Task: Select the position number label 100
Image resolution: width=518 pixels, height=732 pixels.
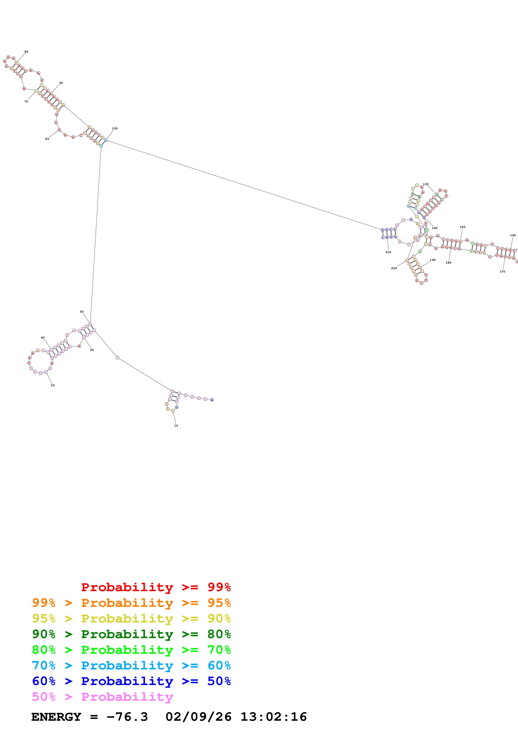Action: coord(115,129)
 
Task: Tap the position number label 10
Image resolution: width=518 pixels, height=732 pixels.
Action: coord(176,426)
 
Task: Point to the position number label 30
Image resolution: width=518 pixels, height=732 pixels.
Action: coord(53,385)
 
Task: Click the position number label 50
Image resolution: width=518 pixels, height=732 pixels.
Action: coord(82,312)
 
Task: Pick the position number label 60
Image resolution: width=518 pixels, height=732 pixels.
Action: coord(47,139)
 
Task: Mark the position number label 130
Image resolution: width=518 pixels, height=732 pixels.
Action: coord(426,184)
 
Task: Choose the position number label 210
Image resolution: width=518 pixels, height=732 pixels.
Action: coord(388,252)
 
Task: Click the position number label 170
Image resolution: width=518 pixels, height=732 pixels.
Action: coord(502,272)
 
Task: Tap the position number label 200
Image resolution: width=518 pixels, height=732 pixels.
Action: coord(394,268)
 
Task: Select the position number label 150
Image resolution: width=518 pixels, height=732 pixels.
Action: coord(462,227)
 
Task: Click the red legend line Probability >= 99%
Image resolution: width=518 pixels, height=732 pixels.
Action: coord(156,587)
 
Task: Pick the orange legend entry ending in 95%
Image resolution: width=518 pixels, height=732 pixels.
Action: coord(131,603)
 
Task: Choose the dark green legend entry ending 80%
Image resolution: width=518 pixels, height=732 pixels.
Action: coord(131,634)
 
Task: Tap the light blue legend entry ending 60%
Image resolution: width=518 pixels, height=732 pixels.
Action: coord(131,665)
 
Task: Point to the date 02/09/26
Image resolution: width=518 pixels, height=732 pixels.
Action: coord(198,717)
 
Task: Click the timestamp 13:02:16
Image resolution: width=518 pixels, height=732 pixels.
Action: coord(274,717)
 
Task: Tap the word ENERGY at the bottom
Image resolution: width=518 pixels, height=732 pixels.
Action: coord(56,717)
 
